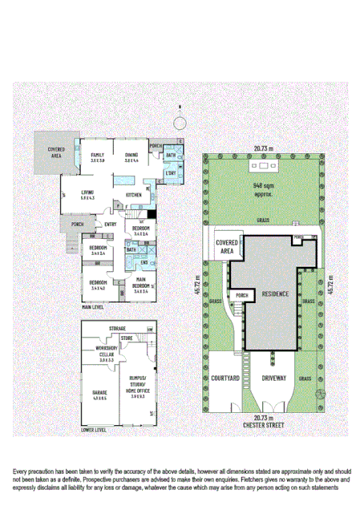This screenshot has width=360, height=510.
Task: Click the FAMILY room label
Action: click(x=98, y=156)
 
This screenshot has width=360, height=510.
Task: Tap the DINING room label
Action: click(x=132, y=156)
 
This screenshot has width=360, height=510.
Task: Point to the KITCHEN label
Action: click(x=134, y=195)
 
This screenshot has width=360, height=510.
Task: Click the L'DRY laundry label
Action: click(x=170, y=174)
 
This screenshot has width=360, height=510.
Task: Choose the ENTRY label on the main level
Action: click(x=110, y=225)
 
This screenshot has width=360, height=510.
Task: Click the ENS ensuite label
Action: click(x=145, y=262)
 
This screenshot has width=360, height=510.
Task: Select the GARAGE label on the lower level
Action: click(x=99, y=393)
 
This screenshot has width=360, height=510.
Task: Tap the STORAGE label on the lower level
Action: click(x=118, y=329)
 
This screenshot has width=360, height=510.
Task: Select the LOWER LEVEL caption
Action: click(x=95, y=430)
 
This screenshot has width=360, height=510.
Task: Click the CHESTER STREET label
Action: click(x=264, y=424)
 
